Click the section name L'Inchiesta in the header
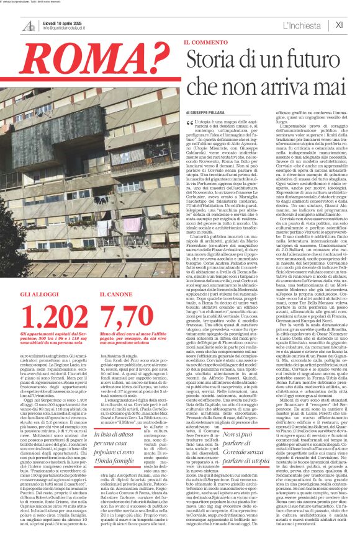point(302,25)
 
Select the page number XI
point(339,25)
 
